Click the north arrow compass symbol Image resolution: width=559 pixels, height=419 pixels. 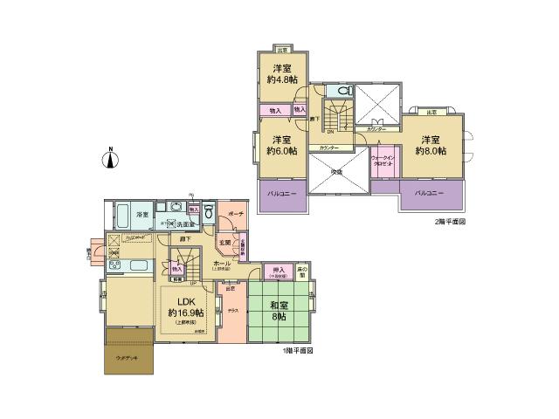(x=110, y=158)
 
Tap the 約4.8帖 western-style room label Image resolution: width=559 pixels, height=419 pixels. (x=281, y=78)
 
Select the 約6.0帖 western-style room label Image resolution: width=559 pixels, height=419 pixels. (x=281, y=145)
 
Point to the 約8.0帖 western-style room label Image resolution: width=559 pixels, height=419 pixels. (x=431, y=145)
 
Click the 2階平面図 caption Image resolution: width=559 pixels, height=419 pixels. (x=450, y=222)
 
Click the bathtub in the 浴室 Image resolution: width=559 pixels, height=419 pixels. (x=122, y=214)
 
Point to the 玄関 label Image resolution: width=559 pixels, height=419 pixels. (x=224, y=242)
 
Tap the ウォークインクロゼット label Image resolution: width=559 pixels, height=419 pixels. (x=383, y=161)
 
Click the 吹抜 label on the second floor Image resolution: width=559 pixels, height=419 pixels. (x=336, y=172)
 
